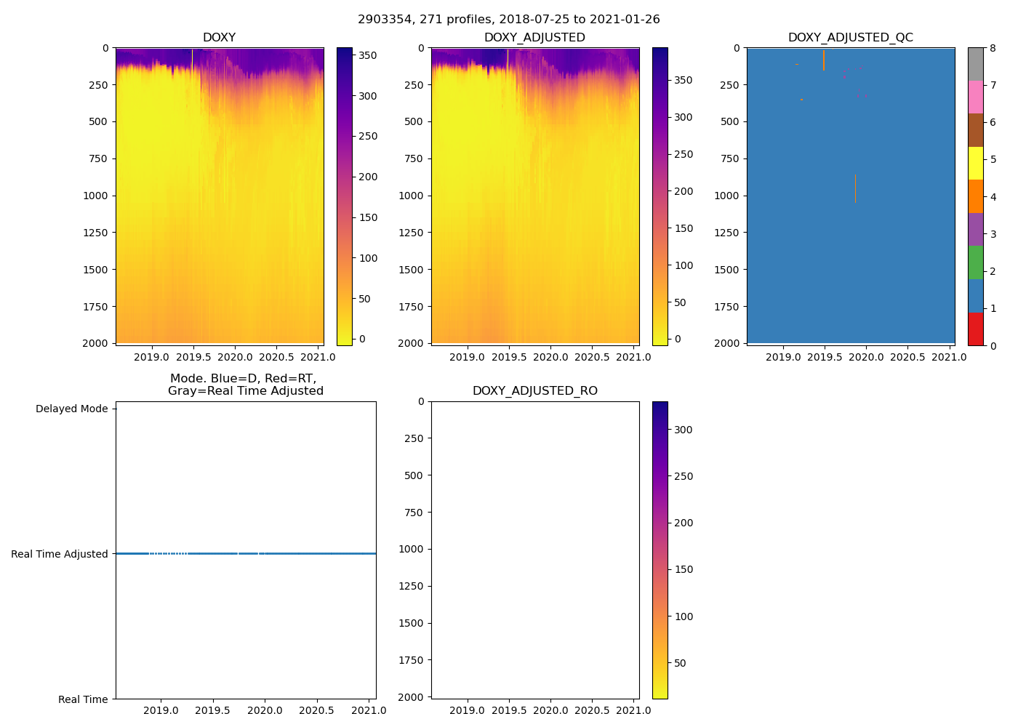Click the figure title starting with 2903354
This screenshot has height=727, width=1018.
pos(509,20)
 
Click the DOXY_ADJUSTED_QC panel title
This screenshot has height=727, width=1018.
pos(850,38)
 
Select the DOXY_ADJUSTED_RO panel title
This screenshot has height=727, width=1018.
pos(534,391)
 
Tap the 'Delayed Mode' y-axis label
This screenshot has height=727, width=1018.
pos(71,409)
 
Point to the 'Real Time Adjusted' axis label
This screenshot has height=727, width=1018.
pos(60,554)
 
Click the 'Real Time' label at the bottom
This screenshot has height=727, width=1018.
pos(83,699)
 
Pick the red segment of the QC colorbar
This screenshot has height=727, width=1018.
pos(975,329)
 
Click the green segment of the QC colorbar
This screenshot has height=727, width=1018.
pos(975,262)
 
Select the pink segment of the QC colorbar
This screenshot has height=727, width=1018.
pos(975,97)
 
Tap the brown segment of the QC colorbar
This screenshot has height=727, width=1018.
pos(975,130)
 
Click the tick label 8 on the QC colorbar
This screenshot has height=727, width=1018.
pos(993,49)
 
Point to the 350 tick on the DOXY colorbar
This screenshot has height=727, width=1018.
pos(368,55)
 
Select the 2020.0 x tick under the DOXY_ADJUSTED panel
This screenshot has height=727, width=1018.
pos(550,357)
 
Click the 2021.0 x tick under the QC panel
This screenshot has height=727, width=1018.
pos(949,357)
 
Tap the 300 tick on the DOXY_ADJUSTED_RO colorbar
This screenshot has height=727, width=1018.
pos(683,430)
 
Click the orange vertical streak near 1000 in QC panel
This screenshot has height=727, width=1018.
pos(855,188)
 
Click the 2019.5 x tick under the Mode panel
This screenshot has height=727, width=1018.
pos(212,710)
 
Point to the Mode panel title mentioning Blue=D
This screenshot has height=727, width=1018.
pos(245,385)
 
